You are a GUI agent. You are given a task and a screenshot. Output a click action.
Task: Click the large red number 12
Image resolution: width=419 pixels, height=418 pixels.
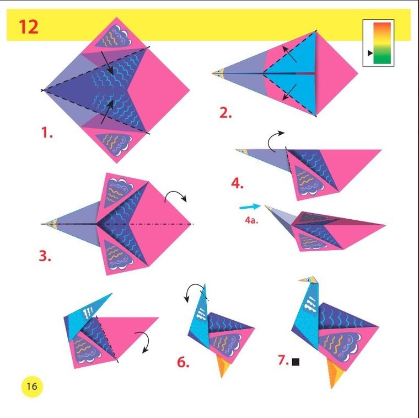28,26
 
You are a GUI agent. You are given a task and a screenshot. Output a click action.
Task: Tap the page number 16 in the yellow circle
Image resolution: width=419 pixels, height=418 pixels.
31,386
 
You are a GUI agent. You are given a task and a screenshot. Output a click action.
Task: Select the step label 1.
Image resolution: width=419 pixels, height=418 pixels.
47,133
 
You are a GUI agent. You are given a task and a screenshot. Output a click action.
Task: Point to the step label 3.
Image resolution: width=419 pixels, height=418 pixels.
45,256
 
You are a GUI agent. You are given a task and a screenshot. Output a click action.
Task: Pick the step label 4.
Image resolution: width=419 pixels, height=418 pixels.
237,184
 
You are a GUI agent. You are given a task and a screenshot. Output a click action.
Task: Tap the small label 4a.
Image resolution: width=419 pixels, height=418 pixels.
251,220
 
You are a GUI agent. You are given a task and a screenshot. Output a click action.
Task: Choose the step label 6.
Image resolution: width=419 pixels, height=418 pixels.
183,362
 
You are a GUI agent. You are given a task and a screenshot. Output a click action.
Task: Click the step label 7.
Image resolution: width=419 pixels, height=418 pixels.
283,361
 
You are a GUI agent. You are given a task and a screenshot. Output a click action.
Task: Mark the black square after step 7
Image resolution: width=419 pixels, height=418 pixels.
296,362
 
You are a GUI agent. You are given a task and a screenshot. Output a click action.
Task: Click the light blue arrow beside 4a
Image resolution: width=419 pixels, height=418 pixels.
250,207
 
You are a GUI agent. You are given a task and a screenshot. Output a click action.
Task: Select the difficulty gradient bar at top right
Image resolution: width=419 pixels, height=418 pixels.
382,43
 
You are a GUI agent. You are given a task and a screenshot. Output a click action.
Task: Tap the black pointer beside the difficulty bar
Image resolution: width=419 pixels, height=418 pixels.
370,53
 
